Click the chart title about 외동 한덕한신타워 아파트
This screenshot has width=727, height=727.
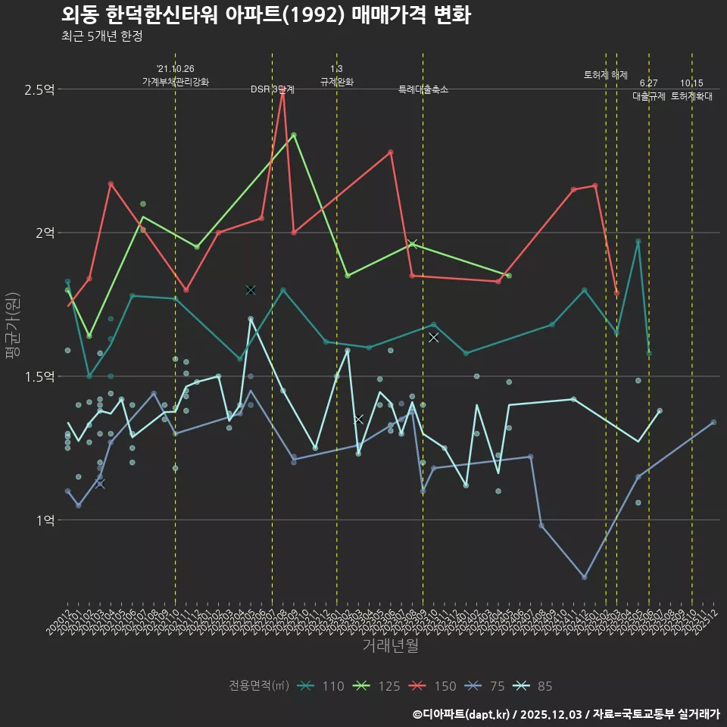click(266, 15)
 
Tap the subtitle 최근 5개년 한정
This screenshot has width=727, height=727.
click(101, 36)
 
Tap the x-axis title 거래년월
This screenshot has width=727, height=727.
click(390, 646)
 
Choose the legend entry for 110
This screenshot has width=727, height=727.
click(321, 686)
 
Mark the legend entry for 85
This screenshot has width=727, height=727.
click(533, 686)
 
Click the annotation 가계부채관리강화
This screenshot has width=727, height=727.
click(176, 82)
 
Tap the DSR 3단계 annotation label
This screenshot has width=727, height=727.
click(273, 89)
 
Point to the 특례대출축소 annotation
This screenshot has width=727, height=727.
click(423, 89)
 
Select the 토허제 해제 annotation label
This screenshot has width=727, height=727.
click(606, 75)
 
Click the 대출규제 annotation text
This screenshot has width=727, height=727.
click(649, 96)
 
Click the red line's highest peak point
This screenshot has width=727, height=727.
click(282, 90)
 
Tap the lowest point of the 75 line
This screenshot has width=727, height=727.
click(584, 577)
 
